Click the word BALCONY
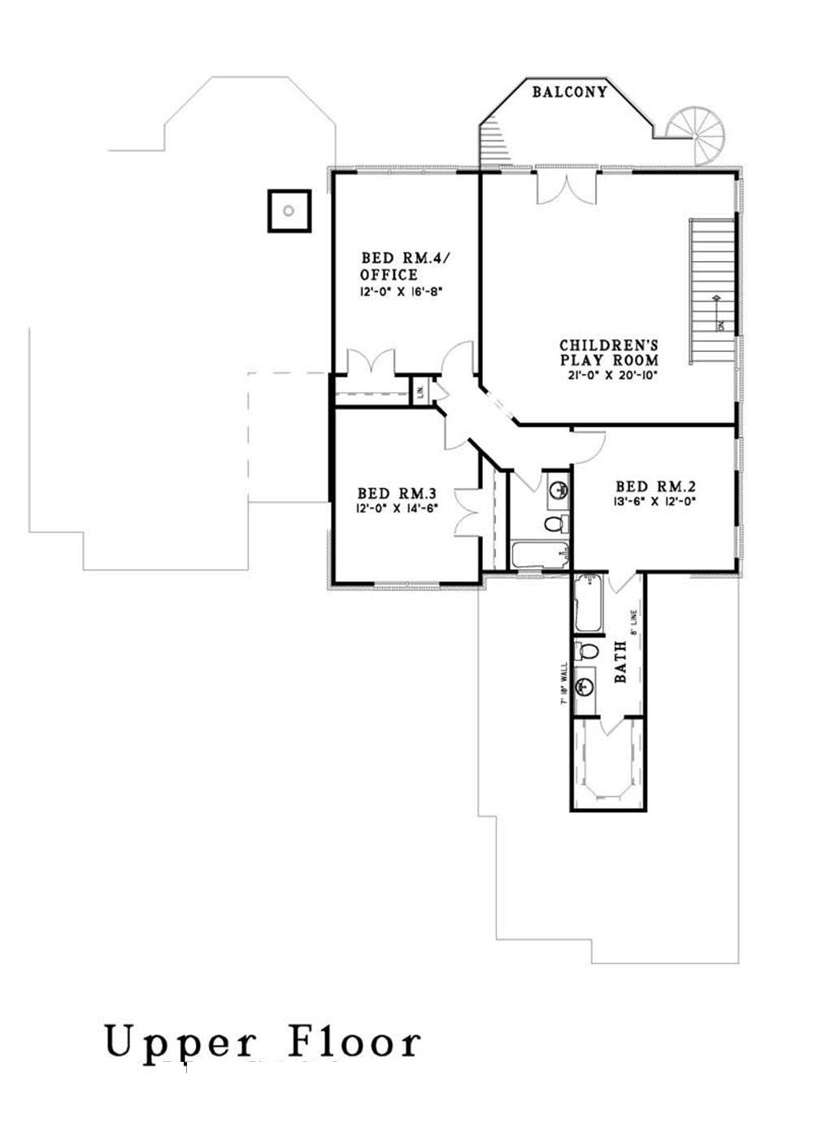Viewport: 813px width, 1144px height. click(569, 92)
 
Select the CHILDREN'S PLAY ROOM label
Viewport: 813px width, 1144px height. click(608, 351)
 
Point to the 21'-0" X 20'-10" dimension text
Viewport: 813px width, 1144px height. click(608, 376)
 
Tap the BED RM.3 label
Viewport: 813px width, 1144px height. click(398, 494)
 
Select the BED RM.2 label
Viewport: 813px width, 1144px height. click(655, 487)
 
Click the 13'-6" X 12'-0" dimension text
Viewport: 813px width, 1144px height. click(655, 502)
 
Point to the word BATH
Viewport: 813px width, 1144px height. click(620, 660)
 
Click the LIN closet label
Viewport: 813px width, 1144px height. click(420, 391)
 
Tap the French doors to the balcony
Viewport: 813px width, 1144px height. click(566, 187)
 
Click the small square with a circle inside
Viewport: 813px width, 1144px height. click(289, 211)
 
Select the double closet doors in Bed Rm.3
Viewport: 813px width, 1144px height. click(467, 511)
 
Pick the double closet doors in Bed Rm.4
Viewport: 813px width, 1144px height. click(370, 362)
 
